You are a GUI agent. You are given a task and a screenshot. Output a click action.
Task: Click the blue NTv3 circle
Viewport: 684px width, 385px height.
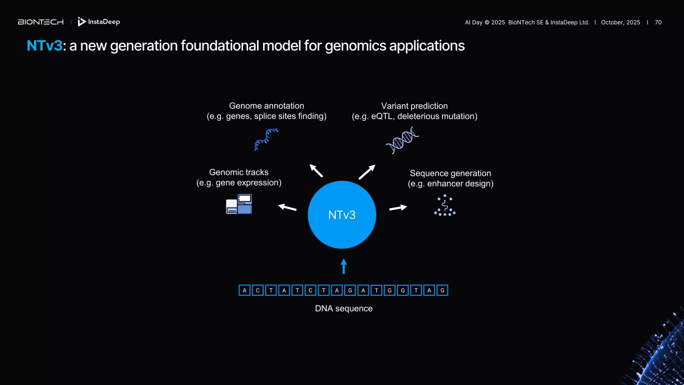click(x=342, y=215)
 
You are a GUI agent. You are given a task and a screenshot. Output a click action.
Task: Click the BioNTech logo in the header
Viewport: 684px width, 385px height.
click(x=41, y=22)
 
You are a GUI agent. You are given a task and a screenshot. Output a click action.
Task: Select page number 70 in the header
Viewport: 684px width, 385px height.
click(x=658, y=23)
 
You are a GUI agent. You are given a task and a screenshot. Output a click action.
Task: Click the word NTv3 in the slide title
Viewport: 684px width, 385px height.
click(x=45, y=46)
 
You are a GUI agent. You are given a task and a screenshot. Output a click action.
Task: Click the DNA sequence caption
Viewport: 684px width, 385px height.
click(x=344, y=308)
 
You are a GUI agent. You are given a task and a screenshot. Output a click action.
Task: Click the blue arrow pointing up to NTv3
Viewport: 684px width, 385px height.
click(x=344, y=266)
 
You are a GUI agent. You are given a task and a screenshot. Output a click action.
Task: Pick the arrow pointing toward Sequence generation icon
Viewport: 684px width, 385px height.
click(x=398, y=208)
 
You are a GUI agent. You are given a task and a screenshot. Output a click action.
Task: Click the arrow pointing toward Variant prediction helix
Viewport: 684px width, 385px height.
click(x=367, y=172)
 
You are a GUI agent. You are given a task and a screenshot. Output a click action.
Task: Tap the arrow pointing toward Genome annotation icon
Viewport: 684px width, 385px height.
click(x=316, y=170)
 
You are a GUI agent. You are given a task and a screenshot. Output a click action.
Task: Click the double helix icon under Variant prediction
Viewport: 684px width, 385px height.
click(x=402, y=140)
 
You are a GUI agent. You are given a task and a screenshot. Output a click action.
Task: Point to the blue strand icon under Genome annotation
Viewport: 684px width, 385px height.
click(x=266, y=139)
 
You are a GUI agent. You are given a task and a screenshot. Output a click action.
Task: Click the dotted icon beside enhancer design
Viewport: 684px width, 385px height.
click(x=444, y=205)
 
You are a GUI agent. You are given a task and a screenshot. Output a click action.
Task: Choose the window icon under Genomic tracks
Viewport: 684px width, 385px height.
click(x=239, y=204)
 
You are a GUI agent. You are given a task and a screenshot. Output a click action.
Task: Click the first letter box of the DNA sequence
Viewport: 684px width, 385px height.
click(x=244, y=290)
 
